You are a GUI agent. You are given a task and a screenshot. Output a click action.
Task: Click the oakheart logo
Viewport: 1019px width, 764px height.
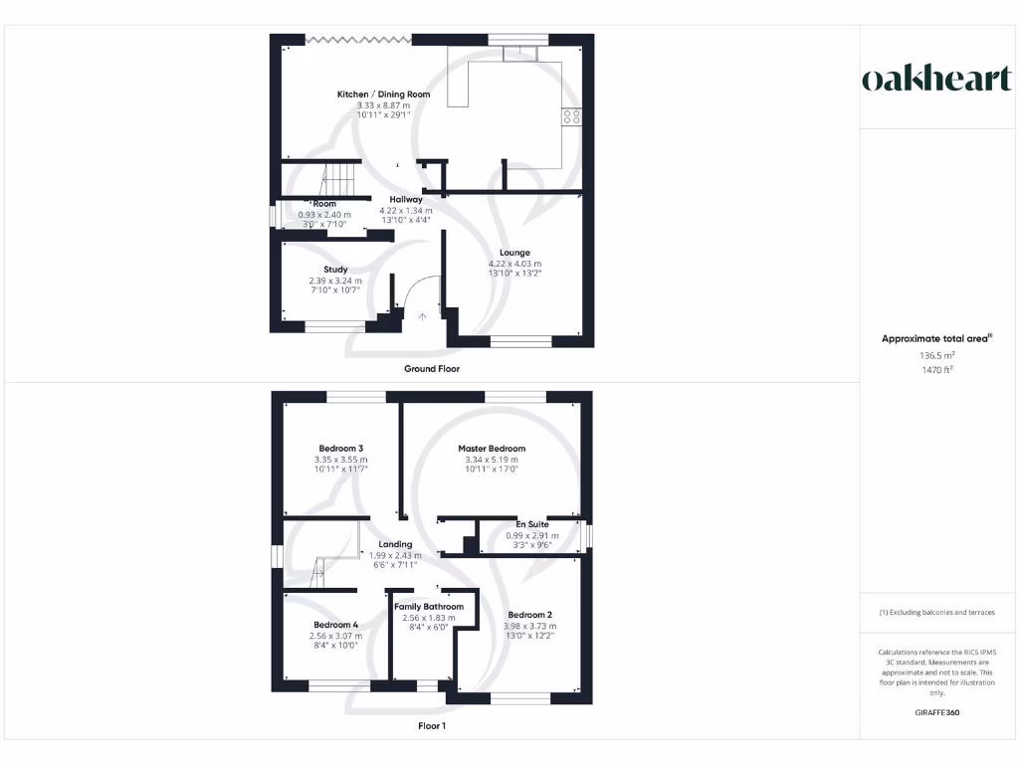[936, 80]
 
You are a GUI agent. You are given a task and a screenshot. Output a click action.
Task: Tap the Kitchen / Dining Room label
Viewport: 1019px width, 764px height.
[383, 95]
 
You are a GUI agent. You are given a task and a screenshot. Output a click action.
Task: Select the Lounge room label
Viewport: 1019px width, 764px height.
[514, 253]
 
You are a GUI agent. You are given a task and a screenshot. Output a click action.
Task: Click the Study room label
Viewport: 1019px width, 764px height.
[335, 270]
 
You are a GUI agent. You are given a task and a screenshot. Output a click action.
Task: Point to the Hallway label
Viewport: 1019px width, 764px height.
[406, 200]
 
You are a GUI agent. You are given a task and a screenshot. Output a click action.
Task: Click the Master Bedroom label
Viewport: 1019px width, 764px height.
[492, 449]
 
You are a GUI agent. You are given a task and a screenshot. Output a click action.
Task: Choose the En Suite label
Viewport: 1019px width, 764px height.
[531, 524]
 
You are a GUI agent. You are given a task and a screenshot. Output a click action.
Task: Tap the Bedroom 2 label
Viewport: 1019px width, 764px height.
[529, 615]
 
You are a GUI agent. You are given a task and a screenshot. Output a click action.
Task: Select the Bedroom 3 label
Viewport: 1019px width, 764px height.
[340, 449]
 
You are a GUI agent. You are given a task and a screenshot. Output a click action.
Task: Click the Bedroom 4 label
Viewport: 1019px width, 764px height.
[334, 625]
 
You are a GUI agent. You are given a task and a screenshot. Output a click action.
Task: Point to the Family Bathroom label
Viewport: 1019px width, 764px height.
[429, 607]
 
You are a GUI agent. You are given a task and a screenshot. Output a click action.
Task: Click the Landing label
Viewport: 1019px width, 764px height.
[395, 544]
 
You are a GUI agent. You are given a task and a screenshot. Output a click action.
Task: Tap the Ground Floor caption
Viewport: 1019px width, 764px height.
[432, 369]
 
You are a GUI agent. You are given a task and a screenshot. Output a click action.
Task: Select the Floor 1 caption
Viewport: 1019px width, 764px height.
[432, 726]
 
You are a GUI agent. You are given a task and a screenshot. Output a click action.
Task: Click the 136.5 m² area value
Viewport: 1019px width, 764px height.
[936, 354]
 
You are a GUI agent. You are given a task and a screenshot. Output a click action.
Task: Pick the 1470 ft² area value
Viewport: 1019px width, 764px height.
[936, 369]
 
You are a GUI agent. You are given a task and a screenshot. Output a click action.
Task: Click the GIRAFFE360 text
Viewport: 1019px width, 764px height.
[936, 712]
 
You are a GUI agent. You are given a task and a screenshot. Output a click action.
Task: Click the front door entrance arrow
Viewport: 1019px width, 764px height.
[422, 317]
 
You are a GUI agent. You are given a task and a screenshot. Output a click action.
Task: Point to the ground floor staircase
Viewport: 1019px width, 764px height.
[339, 179]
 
